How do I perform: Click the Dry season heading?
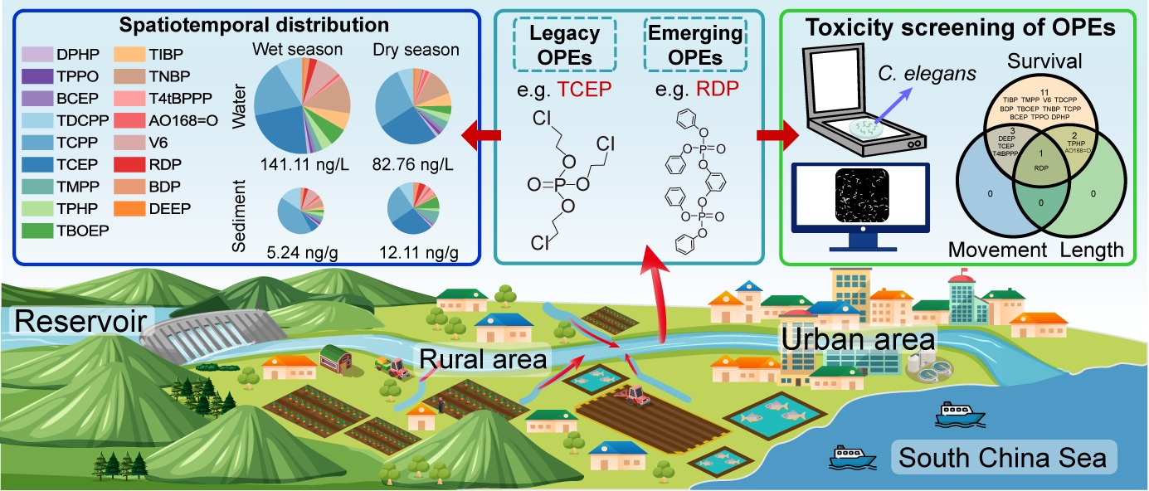click(x=412, y=51)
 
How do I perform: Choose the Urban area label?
click(x=858, y=341)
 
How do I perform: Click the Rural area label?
click(x=484, y=359)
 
